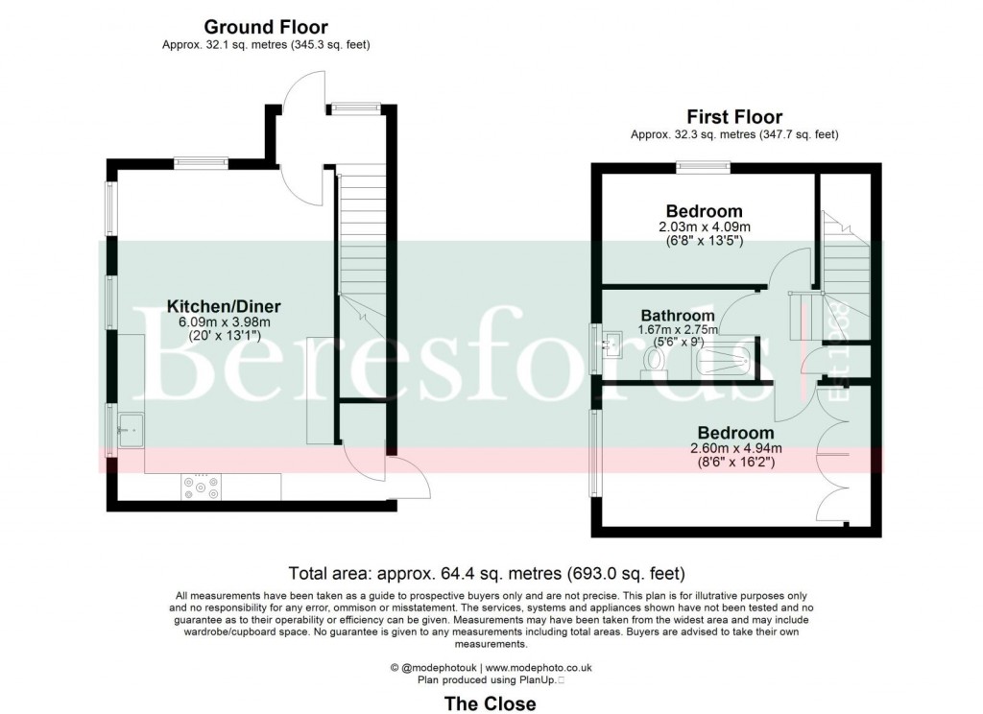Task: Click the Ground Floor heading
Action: coord(266,28)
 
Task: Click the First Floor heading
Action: coord(733,118)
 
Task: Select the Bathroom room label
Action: coord(678,316)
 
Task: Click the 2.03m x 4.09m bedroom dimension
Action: coord(705,227)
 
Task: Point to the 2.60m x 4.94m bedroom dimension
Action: coord(735,448)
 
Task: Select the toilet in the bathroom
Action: coord(654,360)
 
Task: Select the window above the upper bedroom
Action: coord(703,167)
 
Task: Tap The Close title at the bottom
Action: coord(490,702)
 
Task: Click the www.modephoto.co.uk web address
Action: coord(538,667)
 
